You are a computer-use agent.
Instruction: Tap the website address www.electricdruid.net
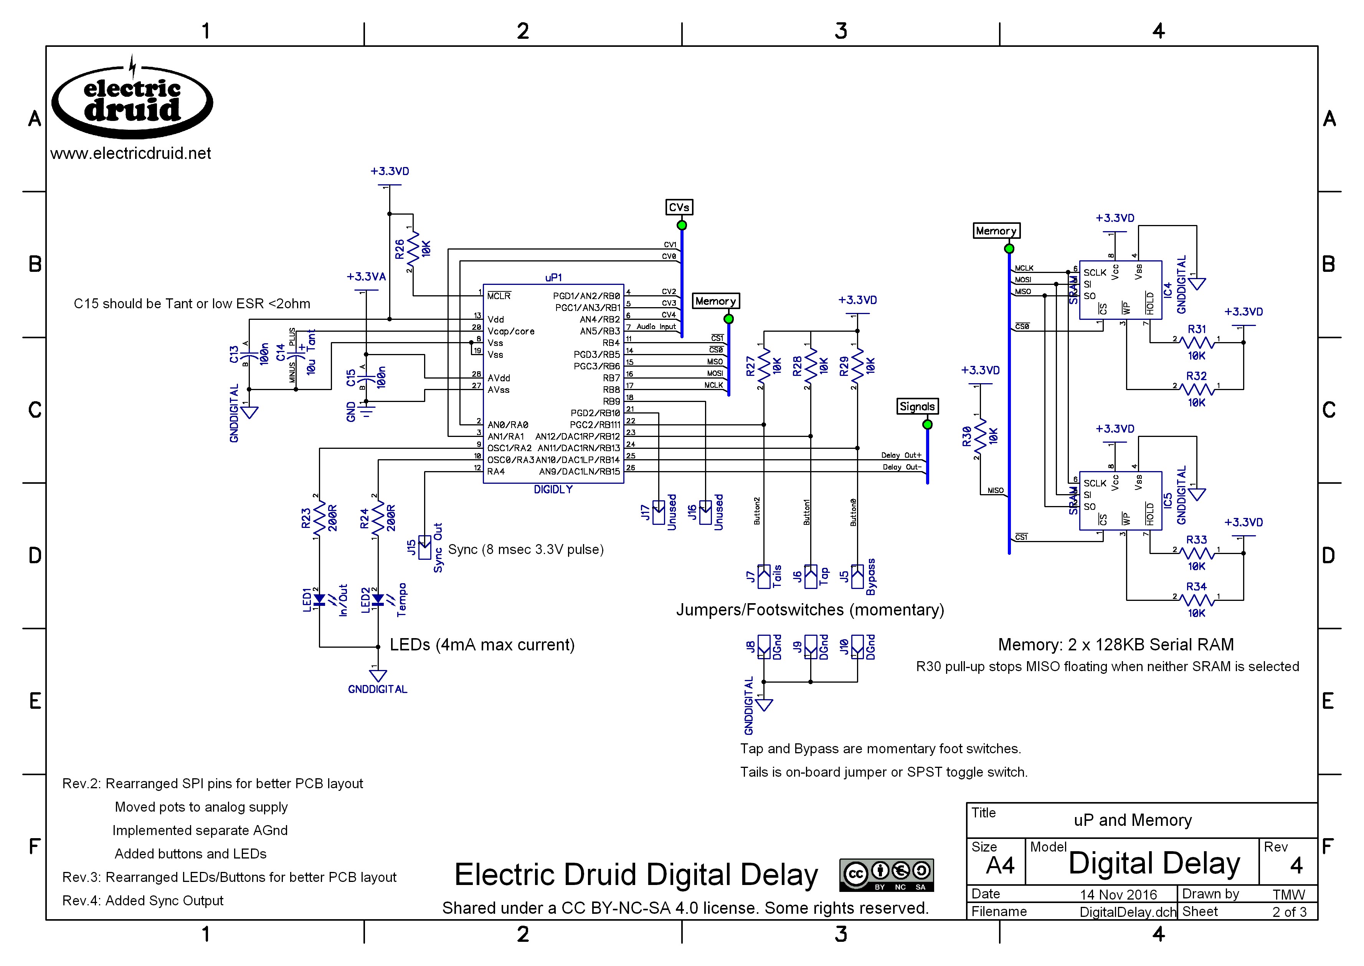[x=131, y=154]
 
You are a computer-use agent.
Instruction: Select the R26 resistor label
[x=400, y=249]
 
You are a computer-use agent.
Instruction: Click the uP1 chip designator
[x=553, y=277]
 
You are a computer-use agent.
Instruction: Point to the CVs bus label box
[x=679, y=207]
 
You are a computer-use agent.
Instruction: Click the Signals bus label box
[x=917, y=406]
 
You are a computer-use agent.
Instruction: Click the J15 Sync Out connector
[x=424, y=547]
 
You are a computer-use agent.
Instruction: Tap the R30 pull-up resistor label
[x=967, y=436]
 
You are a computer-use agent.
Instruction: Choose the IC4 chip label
[x=1168, y=289]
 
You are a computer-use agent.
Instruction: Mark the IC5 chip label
[x=1168, y=500]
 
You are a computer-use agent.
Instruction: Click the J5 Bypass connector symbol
[x=857, y=576]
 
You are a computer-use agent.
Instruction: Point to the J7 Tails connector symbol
[x=764, y=576]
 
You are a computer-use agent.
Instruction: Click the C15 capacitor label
[x=351, y=378]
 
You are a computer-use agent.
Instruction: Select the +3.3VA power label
[x=366, y=276]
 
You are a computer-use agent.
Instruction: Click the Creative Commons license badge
[x=886, y=874]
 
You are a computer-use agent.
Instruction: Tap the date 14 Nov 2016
[x=1118, y=895]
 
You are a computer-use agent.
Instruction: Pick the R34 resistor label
[x=1196, y=587]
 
